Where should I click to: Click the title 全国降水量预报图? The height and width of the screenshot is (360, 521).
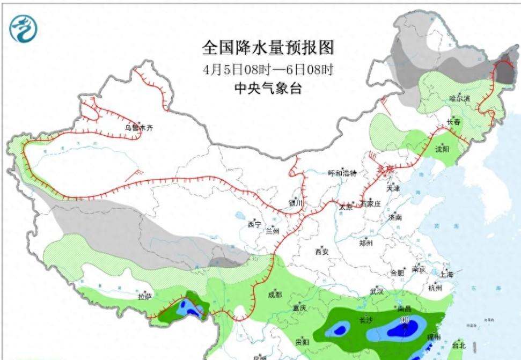pos(268,48)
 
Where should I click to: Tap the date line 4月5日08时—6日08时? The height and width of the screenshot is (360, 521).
pos(268,69)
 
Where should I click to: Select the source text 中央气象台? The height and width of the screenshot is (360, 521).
pos(268,89)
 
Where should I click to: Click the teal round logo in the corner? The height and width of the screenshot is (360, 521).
pos(24,28)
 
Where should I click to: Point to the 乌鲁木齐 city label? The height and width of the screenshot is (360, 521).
pos(139,128)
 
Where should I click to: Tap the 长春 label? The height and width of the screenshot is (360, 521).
pos(454,122)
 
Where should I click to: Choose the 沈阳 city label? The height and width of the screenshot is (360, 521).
pos(442,149)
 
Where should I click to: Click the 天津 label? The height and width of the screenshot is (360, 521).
pos(393,188)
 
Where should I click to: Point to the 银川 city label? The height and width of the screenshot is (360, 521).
pos(296,203)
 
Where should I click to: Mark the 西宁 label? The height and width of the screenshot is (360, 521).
pos(254,225)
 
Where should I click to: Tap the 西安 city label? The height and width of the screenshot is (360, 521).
pos(321,251)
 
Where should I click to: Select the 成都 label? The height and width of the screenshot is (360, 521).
pos(274,295)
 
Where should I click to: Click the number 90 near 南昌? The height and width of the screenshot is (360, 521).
pos(406,320)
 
